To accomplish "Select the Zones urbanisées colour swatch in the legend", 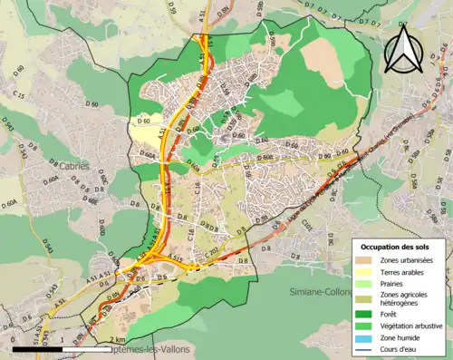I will pyautogui.click(x=364, y=261).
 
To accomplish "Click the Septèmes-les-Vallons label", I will pyautogui.click(x=136, y=354).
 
